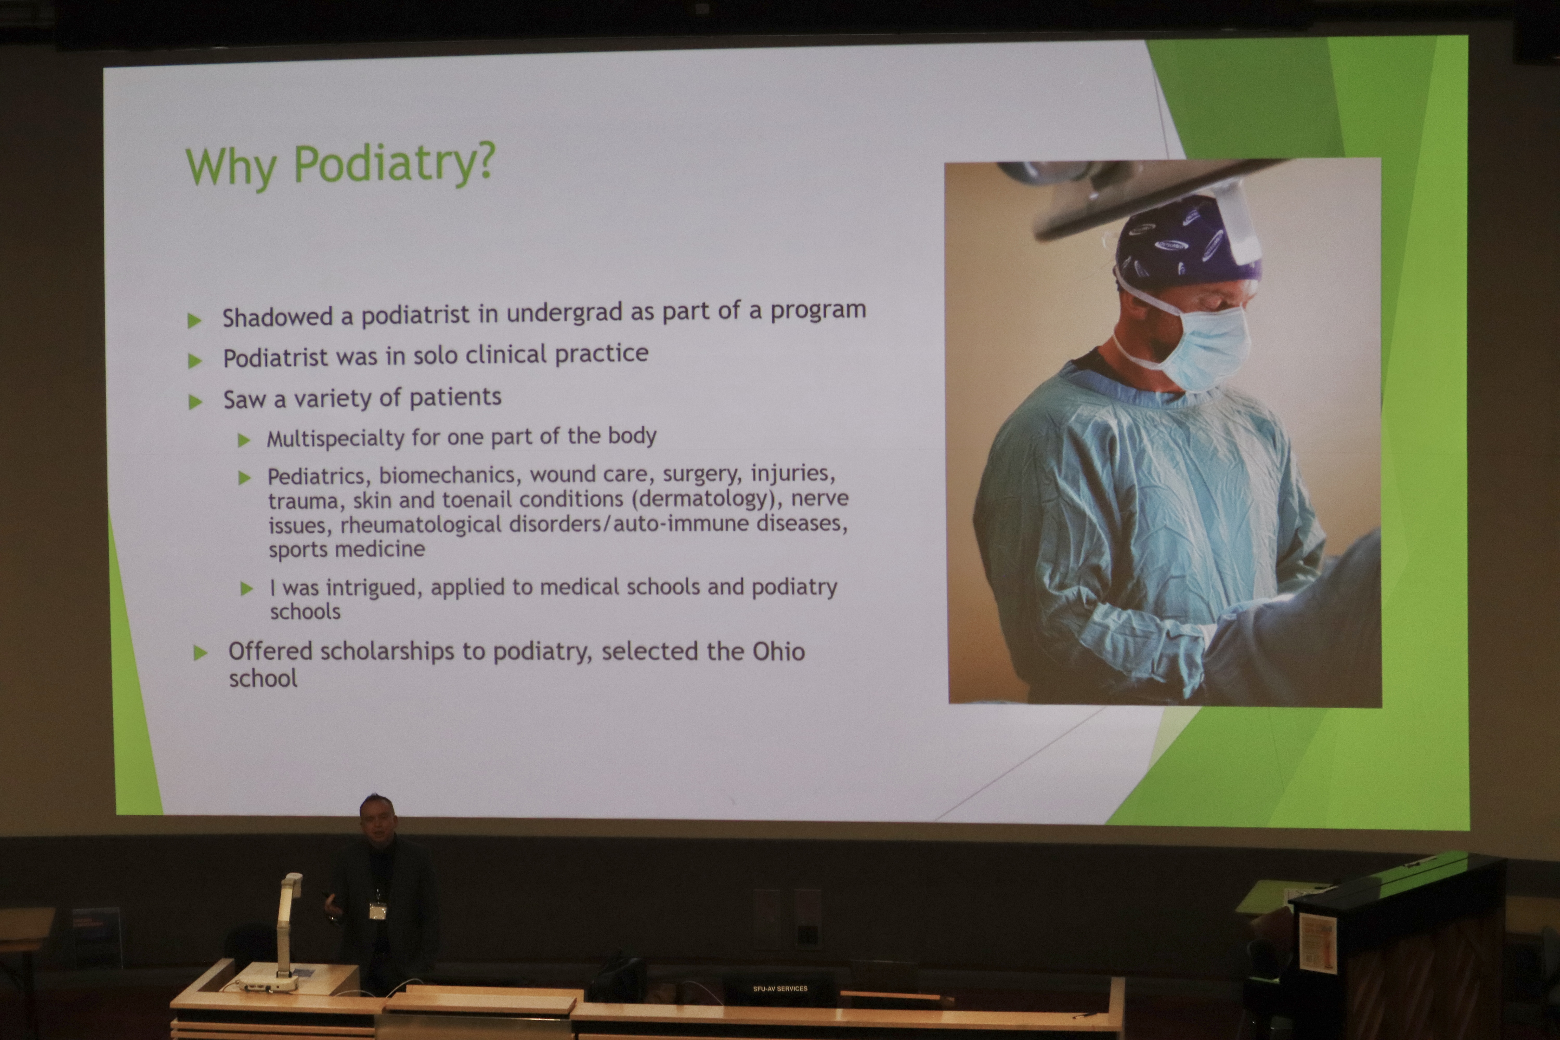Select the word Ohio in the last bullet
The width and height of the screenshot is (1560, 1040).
click(x=778, y=651)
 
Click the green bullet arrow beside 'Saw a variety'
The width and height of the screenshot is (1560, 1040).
click(x=195, y=402)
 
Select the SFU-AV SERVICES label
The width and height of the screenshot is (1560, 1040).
click(x=780, y=988)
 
